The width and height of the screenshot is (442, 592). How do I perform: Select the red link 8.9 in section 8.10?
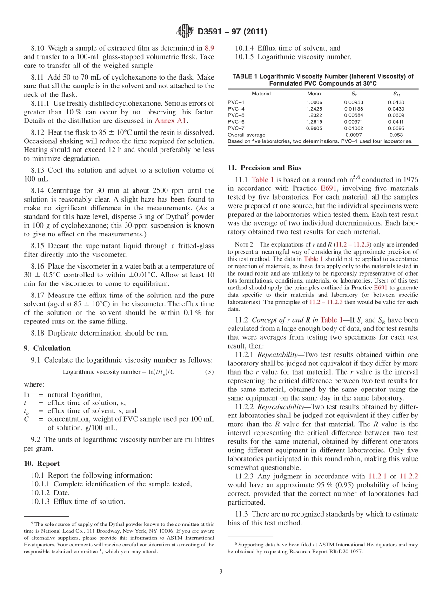pyautogui.click(x=209, y=48)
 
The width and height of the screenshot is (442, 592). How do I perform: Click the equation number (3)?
pyautogui.click(x=209, y=372)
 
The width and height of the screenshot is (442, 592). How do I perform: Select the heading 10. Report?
pyautogui.click(x=41, y=464)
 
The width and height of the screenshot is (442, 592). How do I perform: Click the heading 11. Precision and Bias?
pyautogui.click(x=264, y=168)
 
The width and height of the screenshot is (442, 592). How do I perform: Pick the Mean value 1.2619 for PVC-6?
pyautogui.click(x=314, y=121)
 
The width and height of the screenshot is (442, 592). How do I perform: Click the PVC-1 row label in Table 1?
pyautogui.click(x=236, y=102)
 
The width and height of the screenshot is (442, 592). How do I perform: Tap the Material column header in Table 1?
pyautogui.click(x=261, y=94)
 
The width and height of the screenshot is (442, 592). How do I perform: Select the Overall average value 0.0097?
pyautogui.click(x=353, y=135)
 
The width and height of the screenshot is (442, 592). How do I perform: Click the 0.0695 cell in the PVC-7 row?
pyautogui.click(x=396, y=128)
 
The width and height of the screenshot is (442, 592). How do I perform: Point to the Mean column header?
pyautogui.click(x=314, y=94)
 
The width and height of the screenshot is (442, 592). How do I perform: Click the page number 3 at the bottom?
pyautogui.click(x=221, y=572)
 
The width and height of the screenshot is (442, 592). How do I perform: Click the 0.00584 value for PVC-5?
pyautogui.click(x=353, y=115)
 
